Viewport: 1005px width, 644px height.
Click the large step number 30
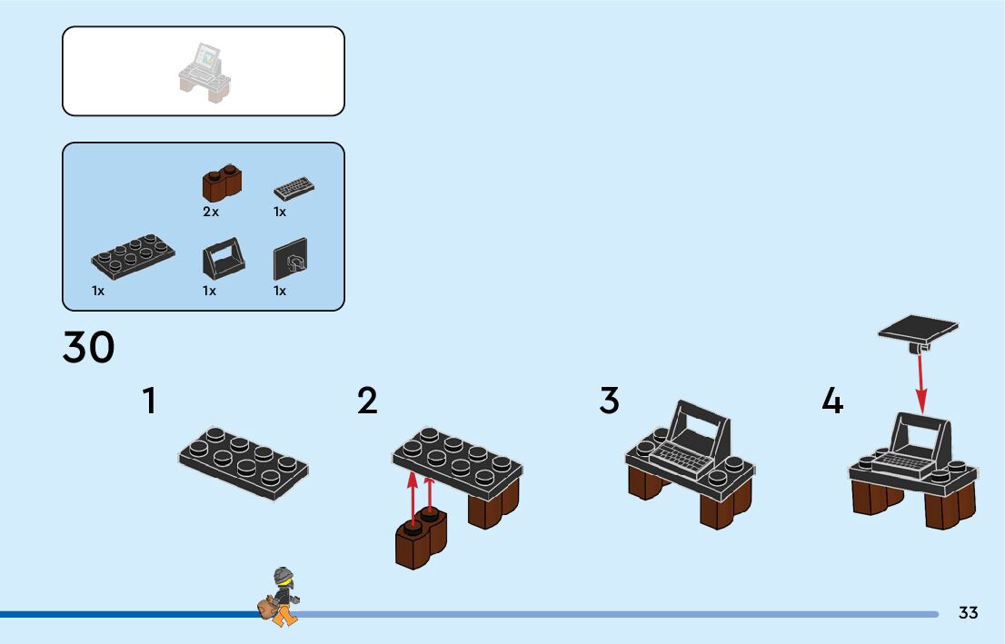pos(88,347)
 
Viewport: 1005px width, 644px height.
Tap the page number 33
pos(968,612)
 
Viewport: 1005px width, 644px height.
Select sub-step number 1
pos(149,401)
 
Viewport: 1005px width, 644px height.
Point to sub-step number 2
pos(367,401)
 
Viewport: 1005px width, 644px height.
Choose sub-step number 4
pos(832,401)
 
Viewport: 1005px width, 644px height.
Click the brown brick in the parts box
pos(222,183)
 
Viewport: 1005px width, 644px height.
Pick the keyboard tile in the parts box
pos(294,188)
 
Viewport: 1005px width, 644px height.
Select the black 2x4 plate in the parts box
pos(133,255)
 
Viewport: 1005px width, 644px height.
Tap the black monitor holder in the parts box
pos(223,259)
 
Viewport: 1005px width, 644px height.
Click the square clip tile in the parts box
pos(291,259)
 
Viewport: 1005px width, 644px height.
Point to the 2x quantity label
pos(211,212)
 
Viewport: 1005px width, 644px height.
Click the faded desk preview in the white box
pos(204,73)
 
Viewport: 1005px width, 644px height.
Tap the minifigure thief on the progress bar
pos(280,597)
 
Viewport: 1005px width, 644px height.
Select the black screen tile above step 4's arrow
pos(918,332)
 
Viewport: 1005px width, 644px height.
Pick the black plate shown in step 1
pos(243,462)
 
